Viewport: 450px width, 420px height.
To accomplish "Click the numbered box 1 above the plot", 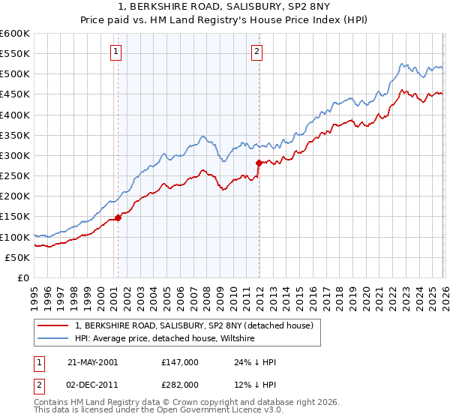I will coord(117,52).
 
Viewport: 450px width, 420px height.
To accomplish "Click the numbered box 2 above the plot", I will coord(256,52).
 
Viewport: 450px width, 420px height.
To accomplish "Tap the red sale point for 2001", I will coord(118,217).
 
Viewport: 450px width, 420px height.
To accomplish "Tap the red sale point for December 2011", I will coord(258,163).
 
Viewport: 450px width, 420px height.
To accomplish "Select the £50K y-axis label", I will coord(16,257).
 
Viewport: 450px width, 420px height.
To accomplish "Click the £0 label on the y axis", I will coord(22,277).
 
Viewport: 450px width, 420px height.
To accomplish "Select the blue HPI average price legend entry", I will coord(165,338).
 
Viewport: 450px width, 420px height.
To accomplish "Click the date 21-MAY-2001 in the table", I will coord(92,362).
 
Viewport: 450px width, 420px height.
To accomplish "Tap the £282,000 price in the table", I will coord(180,385).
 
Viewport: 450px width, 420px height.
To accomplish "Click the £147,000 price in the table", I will coord(180,362).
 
